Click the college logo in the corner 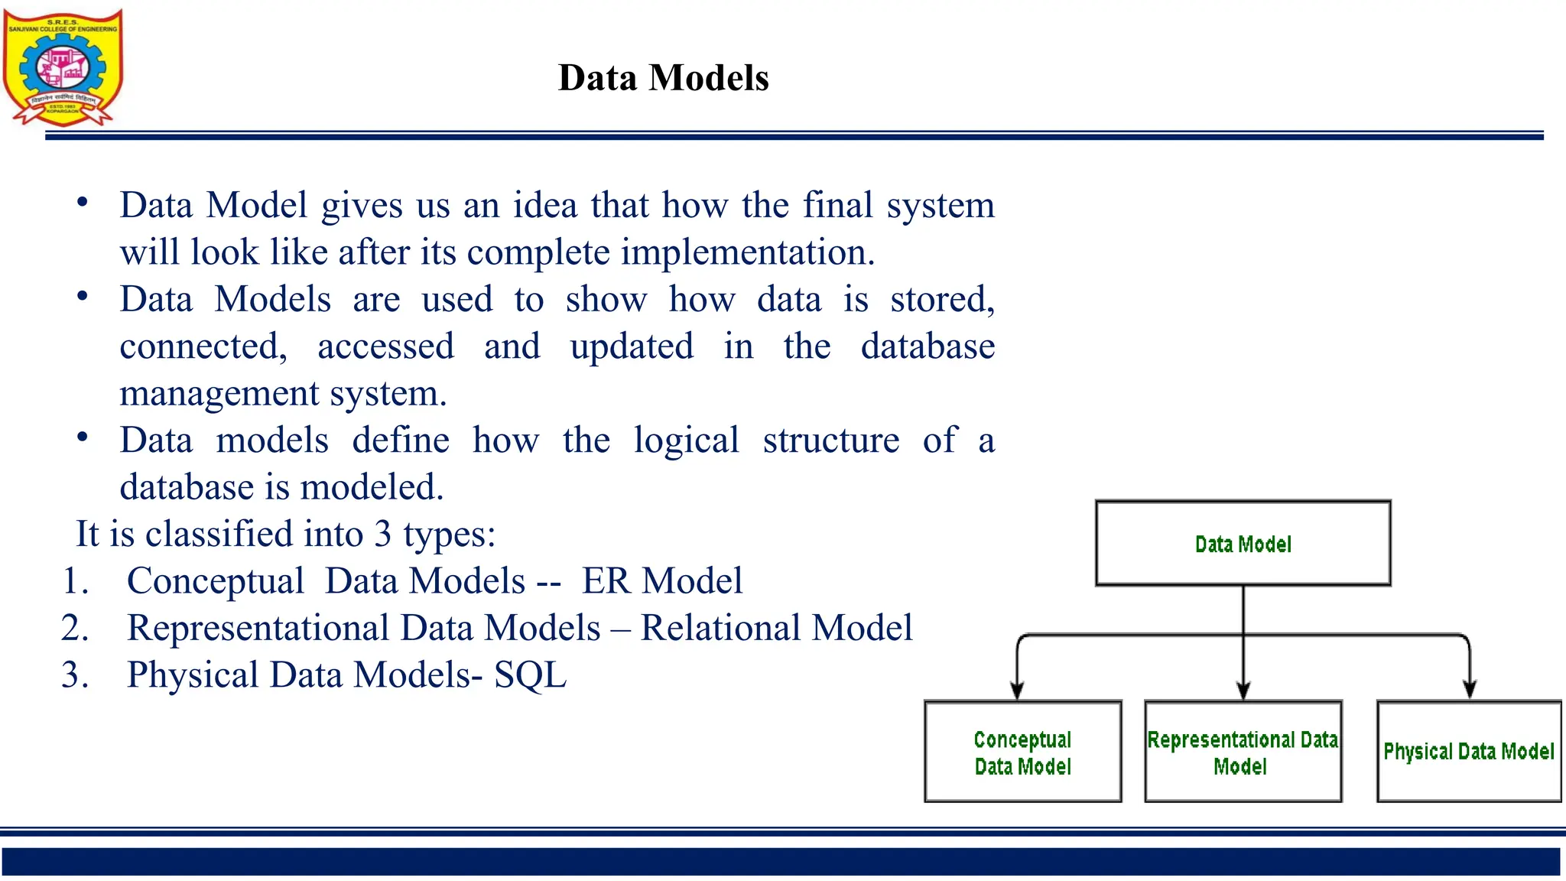(63, 67)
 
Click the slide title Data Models (663, 78)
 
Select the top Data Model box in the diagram (1243, 544)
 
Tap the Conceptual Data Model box (1022, 752)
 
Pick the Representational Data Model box (1243, 752)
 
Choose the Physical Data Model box (1468, 752)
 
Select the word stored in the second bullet (941, 299)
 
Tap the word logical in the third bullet (686, 440)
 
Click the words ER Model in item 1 (661, 581)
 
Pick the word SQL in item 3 (530, 675)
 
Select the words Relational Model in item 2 (776, 628)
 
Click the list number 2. (75, 628)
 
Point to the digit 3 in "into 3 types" (382, 534)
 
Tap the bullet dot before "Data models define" (83, 437)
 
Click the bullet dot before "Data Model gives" (83, 203)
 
